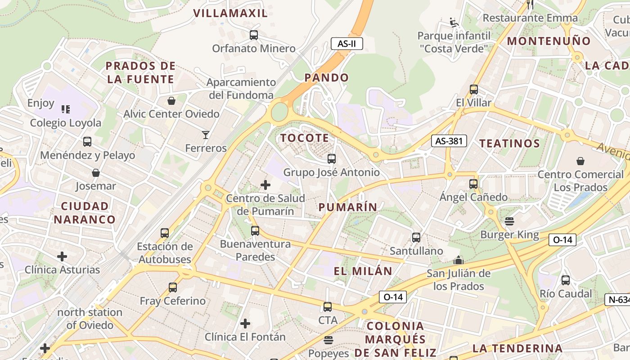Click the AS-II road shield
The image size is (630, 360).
[346, 44]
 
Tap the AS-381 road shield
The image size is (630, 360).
[449, 141]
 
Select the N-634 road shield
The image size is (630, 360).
[617, 300]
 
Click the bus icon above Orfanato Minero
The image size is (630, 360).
[254, 35]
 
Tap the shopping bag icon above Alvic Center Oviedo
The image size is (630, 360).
[171, 100]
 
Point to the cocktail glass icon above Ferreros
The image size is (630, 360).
[206, 135]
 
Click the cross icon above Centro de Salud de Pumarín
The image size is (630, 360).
[265, 184]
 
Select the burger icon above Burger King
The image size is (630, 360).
[509, 221]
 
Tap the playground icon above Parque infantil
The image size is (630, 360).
[453, 22]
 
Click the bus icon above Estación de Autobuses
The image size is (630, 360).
[165, 233]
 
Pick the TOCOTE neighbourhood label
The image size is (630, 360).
[305, 138]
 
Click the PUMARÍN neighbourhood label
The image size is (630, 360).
[348, 207]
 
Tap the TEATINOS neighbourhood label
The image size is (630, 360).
[509, 144]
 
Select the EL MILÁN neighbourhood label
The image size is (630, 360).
[363, 271]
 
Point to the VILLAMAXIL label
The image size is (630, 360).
[230, 13]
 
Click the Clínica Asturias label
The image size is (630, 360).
[62, 270]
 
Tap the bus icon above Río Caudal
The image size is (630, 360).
[566, 280]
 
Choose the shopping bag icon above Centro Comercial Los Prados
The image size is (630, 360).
[580, 161]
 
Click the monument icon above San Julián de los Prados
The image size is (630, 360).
[458, 260]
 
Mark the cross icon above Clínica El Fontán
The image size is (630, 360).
[245, 323]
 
